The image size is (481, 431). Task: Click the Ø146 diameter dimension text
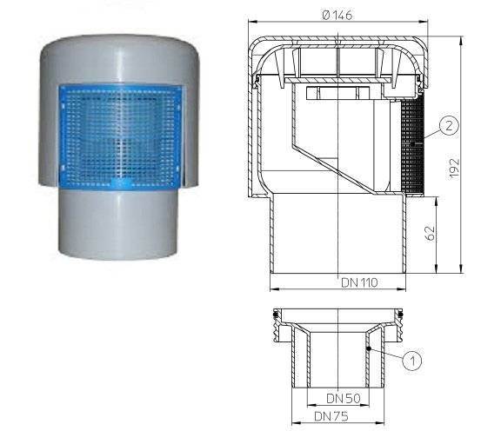point(337,15)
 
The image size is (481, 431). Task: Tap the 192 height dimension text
point(454,168)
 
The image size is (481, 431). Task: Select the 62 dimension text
point(430,234)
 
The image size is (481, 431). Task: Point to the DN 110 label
point(359,282)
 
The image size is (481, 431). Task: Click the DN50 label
point(344,398)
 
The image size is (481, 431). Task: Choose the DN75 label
point(331,416)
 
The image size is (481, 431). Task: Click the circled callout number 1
point(412,361)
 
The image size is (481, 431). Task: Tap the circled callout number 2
point(449,125)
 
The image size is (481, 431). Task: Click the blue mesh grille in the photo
point(121,136)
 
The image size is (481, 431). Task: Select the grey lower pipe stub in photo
point(118,224)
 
